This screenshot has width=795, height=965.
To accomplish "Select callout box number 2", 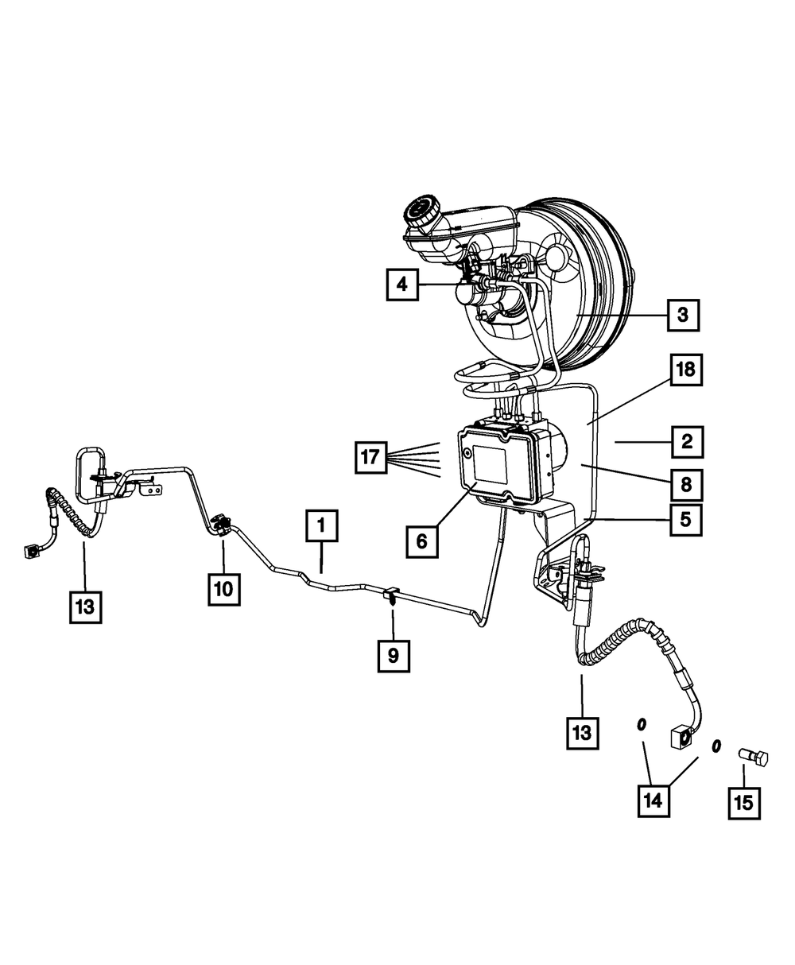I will click(x=686, y=441).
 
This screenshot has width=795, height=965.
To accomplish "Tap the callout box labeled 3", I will click(x=683, y=316).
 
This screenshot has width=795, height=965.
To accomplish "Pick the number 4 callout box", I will click(x=403, y=284).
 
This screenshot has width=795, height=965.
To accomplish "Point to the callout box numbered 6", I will click(x=421, y=541).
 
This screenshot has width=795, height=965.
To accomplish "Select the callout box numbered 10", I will click(x=223, y=588).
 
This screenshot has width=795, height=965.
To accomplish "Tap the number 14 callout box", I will click(x=653, y=800).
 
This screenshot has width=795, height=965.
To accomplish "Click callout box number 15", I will click(x=743, y=803).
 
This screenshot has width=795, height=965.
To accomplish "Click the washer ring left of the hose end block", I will click(x=641, y=725).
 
